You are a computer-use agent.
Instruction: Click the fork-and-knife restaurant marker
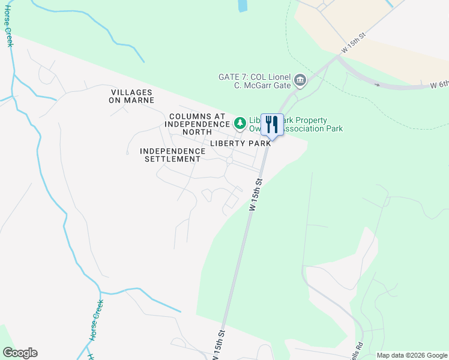click(x=272, y=125)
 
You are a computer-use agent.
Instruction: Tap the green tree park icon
click(x=240, y=123)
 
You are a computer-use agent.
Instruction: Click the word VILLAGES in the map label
click(x=132, y=92)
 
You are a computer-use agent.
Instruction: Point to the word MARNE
click(x=140, y=100)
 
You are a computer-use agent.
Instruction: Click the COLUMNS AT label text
click(x=197, y=116)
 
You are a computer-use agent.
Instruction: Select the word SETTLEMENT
click(x=176, y=159)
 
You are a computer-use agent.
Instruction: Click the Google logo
click(x=20, y=353)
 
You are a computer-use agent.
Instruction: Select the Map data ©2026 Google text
click(x=412, y=355)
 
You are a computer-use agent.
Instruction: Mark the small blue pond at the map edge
click(x=243, y=5)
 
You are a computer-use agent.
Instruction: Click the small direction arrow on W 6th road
click(x=378, y=84)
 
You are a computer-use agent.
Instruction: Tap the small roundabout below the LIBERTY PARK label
click(x=229, y=160)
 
